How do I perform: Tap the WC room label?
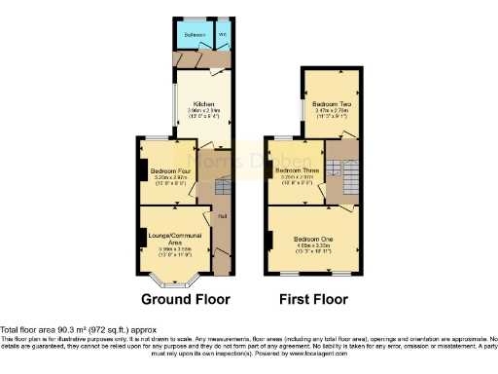point(223,34)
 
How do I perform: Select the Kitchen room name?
point(203,104)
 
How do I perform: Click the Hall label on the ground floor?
point(222,216)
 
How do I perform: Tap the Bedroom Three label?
point(295,171)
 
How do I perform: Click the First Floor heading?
point(314,299)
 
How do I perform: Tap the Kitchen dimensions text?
point(203,112)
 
